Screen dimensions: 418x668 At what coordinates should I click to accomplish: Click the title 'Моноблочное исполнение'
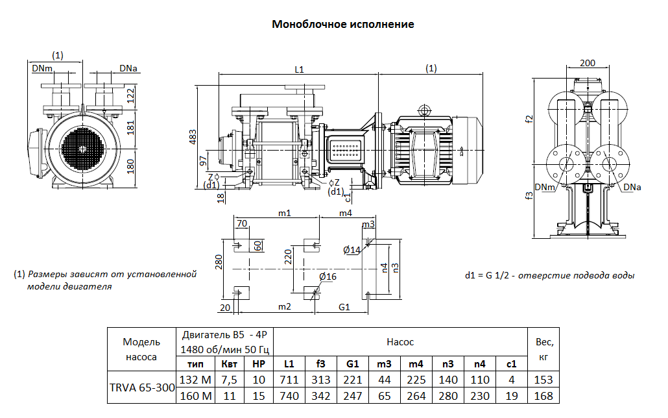[x=342, y=25]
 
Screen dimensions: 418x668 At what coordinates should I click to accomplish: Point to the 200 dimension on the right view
[x=588, y=64]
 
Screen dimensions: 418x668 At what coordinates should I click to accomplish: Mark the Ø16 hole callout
[x=328, y=277]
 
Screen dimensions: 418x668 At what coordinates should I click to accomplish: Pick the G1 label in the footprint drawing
[x=344, y=306]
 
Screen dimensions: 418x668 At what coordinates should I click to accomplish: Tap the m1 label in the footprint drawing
[x=284, y=213]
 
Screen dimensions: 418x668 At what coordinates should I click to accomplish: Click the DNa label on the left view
[x=128, y=68]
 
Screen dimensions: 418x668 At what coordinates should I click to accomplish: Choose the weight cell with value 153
[x=543, y=380]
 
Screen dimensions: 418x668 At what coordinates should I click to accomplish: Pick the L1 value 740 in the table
[x=289, y=396]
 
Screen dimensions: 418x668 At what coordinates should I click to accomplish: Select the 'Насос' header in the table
[x=400, y=341]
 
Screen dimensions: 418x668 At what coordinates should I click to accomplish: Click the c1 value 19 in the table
[x=512, y=396]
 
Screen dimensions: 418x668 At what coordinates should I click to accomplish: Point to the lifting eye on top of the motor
[x=424, y=109]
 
